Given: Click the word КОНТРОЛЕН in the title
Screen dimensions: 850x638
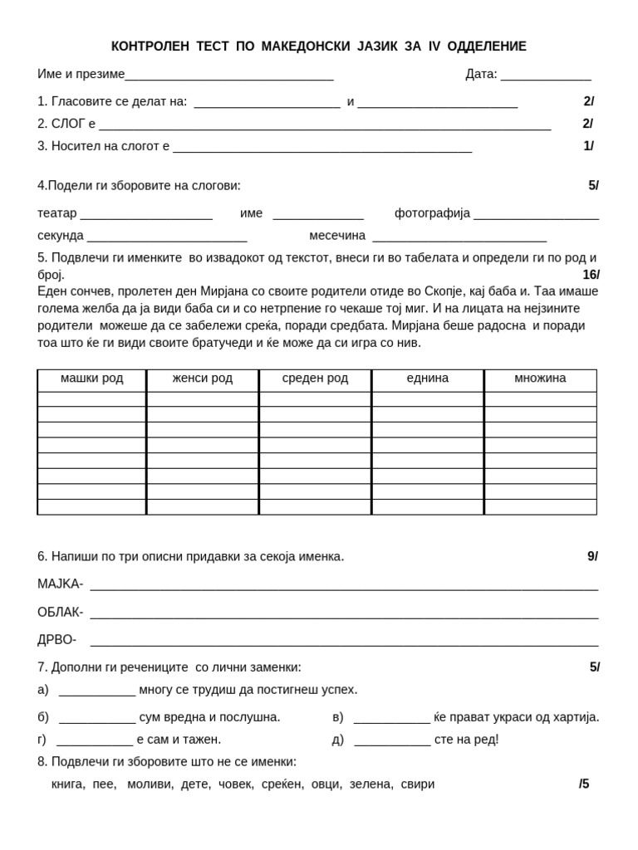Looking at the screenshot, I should pos(150,46).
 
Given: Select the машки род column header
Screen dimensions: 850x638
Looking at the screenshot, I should pos(91,379).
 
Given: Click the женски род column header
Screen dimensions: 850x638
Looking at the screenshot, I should pos(203,379).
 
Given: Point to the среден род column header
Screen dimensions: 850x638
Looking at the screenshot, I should pos(315,379).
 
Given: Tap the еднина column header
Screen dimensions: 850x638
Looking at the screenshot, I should pos(427,379).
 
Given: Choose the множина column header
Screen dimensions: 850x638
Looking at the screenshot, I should pos(540,379).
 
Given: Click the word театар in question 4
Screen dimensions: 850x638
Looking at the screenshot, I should pos(56,213).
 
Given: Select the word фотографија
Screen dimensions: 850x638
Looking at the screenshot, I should pos(432,213).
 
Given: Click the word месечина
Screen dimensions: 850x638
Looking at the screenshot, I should pos(337,236).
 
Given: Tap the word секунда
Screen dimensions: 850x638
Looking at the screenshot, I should pos(61,236).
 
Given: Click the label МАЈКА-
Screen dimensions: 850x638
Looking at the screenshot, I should pos(60,584).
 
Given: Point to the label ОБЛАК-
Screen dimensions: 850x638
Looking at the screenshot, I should pos(60,613).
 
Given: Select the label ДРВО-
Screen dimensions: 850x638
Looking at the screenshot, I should pos(56,640).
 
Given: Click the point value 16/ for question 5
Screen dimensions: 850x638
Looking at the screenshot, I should pos(591,275).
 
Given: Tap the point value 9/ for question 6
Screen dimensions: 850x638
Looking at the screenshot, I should pos(592,557).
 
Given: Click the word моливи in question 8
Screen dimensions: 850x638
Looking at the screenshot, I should pos(150,784).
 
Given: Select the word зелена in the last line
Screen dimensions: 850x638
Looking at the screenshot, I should pos(371,784).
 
